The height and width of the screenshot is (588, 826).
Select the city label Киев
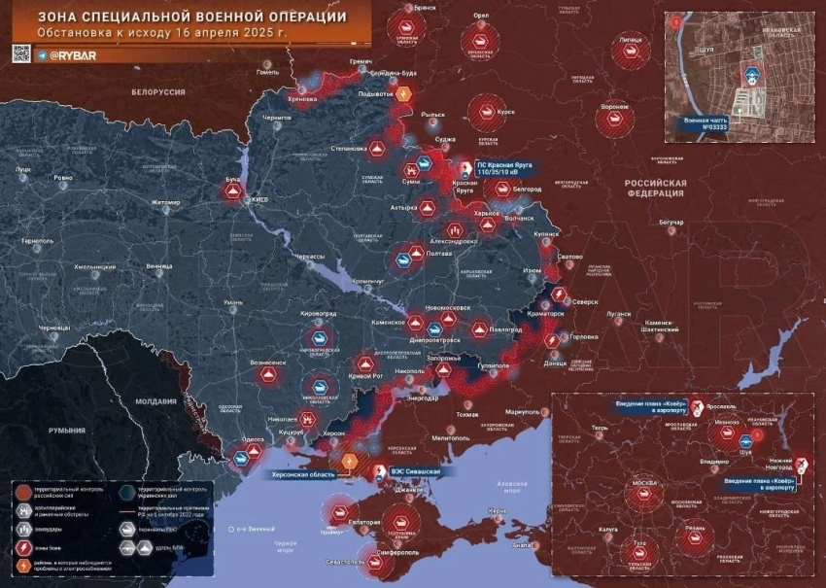pyautogui.click(x=260, y=199)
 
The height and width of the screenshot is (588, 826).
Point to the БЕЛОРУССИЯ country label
pyautogui.click(x=158, y=91)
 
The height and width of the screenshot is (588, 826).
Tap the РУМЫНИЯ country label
pyautogui.click(x=68, y=430)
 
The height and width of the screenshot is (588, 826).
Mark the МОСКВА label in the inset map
pyautogui.click(x=644, y=483)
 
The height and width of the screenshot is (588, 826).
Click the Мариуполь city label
pyautogui.click(x=522, y=412)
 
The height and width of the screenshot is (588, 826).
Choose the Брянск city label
pyautogui.click(x=425, y=7)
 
